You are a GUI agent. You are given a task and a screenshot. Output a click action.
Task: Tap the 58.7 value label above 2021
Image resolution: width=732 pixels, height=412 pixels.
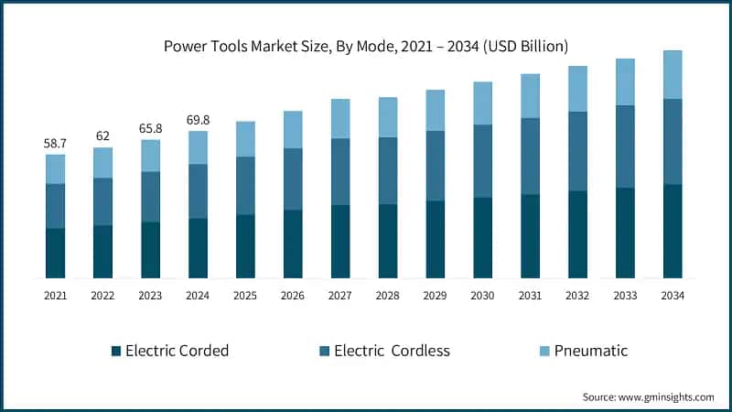tap(56, 144)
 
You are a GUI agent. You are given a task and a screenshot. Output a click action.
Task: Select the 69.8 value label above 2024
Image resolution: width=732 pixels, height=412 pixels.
tap(198, 120)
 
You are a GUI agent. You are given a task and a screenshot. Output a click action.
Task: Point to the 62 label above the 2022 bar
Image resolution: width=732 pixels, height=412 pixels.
tap(102, 136)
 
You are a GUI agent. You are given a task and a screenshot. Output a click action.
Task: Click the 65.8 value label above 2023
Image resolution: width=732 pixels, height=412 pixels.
tap(150, 129)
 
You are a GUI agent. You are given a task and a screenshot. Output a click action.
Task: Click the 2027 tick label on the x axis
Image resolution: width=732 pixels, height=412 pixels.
tap(340, 296)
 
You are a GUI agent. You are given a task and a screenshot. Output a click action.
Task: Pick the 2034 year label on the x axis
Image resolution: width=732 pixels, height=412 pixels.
tap(673, 296)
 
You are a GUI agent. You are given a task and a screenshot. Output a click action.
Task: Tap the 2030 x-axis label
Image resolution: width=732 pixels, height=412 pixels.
tap(482, 296)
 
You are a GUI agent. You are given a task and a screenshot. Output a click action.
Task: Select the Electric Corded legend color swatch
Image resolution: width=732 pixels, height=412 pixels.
tap(115, 351)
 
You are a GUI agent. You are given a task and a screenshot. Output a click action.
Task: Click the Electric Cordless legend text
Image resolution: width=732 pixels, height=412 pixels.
tap(392, 351)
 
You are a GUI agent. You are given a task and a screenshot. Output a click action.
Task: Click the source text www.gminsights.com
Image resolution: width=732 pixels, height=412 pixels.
tap(648, 396)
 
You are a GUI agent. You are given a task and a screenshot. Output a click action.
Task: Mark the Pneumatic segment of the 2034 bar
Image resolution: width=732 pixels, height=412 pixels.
tap(673, 74)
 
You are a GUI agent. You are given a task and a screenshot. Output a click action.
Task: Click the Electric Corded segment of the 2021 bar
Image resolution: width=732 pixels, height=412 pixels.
tap(56, 253)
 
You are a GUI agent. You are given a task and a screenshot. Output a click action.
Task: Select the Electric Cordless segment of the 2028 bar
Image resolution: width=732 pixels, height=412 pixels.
tap(388, 170)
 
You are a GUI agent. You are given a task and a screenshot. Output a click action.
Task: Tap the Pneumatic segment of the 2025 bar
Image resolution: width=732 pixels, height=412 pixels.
tap(245, 138)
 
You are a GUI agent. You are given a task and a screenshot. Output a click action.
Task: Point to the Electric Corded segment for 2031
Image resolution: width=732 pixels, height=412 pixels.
tap(531, 235)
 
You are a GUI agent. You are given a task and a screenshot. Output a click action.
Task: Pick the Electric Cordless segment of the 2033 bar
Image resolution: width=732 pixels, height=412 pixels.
tap(625, 146)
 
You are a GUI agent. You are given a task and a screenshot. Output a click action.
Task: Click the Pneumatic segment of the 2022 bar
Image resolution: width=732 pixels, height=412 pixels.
tap(102, 162)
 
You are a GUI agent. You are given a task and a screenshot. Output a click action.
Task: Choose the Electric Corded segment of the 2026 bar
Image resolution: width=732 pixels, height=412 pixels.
tap(293, 244)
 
